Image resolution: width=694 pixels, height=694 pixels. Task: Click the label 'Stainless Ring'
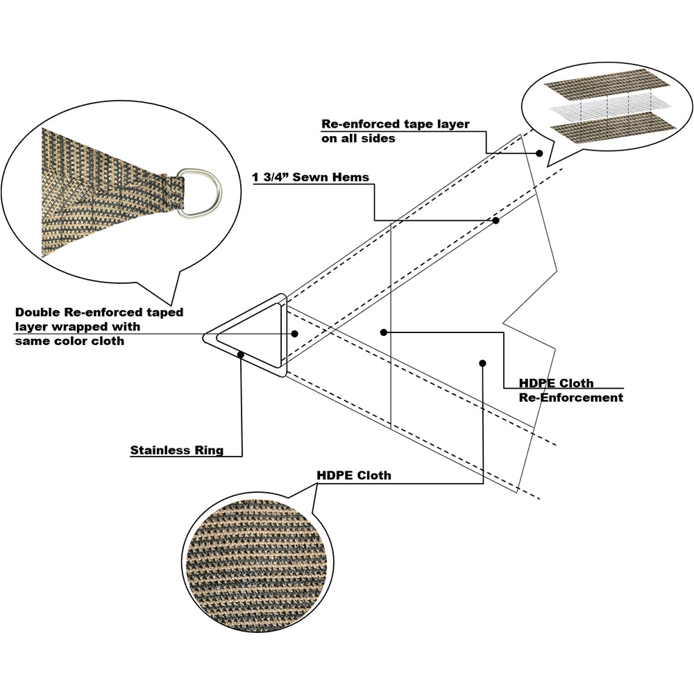coord(177,450)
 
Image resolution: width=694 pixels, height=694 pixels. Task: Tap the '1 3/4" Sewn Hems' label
coord(310,177)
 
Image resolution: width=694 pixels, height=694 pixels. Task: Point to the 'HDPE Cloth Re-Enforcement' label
coord(570,390)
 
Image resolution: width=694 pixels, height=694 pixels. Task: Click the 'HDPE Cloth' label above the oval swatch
coord(353,475)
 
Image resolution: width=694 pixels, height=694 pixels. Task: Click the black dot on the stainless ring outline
coord(240,355)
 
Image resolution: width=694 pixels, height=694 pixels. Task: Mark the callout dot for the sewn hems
coord(496,221)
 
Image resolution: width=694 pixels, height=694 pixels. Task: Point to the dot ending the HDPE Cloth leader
coord(482,362)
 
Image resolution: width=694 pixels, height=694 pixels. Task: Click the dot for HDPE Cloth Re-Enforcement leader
coord(383,332)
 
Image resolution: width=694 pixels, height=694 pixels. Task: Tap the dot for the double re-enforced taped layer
coord(295,334)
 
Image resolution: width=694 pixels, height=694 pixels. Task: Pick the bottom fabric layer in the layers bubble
coord(611,127)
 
